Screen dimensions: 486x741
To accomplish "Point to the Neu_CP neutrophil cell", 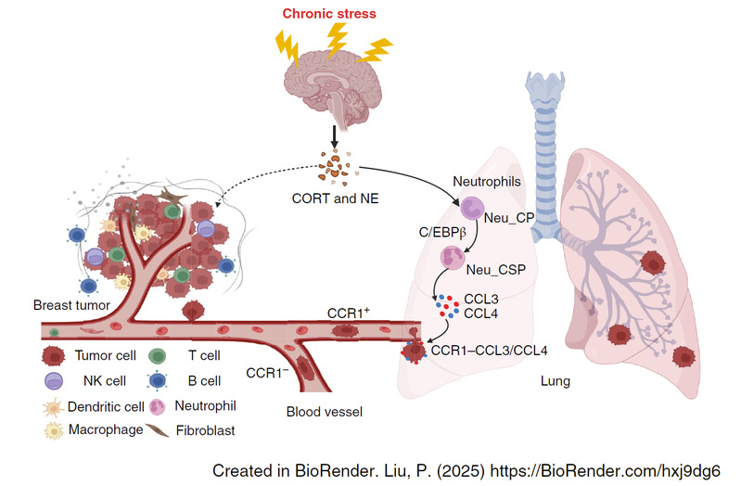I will pyautogui.click(x=473, y=211).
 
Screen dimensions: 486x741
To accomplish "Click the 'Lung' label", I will pyautogui.click(x=555, y=380).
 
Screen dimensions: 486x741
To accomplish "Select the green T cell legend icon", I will pyautogui.click(x=158, y=354).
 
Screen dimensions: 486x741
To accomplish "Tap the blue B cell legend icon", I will pyautogui.click(x=158, y=380).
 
